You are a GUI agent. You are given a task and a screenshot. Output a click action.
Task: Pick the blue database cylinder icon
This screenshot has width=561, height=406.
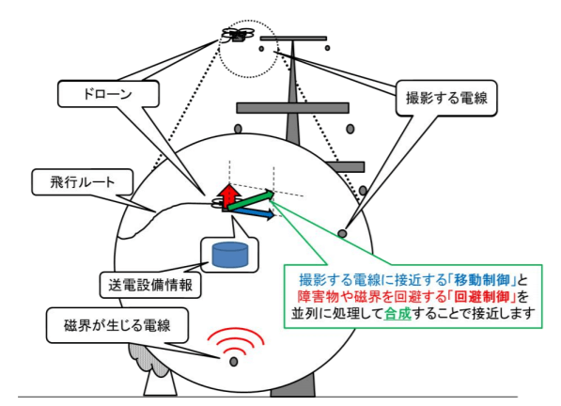click(x=230, y=254)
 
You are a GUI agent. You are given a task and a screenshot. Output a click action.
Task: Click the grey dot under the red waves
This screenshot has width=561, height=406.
click(x=234, y=362)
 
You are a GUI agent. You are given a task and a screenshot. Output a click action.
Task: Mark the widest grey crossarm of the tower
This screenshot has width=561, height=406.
click(x=282, y=107)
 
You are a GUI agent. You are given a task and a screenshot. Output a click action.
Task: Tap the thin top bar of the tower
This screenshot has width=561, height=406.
click(x=294, y=39)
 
